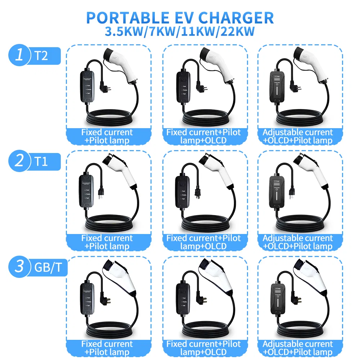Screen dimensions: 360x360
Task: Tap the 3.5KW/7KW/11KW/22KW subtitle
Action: (180, 31)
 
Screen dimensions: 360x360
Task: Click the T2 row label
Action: (41, 56)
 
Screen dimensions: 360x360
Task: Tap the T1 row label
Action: (41, 162)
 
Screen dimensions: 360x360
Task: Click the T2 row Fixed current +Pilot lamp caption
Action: (107, 136)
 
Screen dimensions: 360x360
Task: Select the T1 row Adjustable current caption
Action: (298, 242)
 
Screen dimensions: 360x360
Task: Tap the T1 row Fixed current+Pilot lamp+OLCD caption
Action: (203, 242)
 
